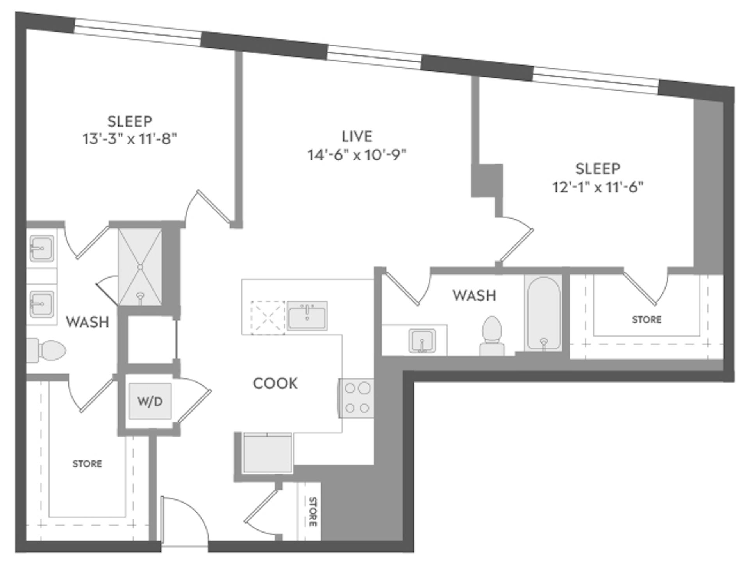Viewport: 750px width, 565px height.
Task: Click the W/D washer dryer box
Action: (x=150, y=401)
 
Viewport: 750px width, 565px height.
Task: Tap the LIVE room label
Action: (x=357, y=136)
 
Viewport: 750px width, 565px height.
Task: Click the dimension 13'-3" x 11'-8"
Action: (x=130, y=139)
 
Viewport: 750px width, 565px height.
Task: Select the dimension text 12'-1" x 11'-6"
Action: (x=597, y=187)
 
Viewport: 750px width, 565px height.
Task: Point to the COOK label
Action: (x=275, y=383)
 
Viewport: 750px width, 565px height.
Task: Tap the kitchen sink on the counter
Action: (x=307, y=315)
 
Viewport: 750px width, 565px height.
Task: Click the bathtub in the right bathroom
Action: (x=543, y=313)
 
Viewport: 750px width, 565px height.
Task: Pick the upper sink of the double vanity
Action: (x=41, y=248)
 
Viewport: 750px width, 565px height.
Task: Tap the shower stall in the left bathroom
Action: (x=140, y=267)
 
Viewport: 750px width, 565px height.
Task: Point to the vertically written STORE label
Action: (x=312, y=512)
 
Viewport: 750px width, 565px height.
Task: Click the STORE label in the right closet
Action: (x=646, y=319)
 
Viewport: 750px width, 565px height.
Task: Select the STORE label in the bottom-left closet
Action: (x=87, y=463)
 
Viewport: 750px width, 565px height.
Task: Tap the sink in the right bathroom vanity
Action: (x=422, y=340)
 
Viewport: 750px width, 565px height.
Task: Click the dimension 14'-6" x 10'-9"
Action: (x=357, y=155)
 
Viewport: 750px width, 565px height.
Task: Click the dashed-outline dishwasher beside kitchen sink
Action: (x=268, y=317)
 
